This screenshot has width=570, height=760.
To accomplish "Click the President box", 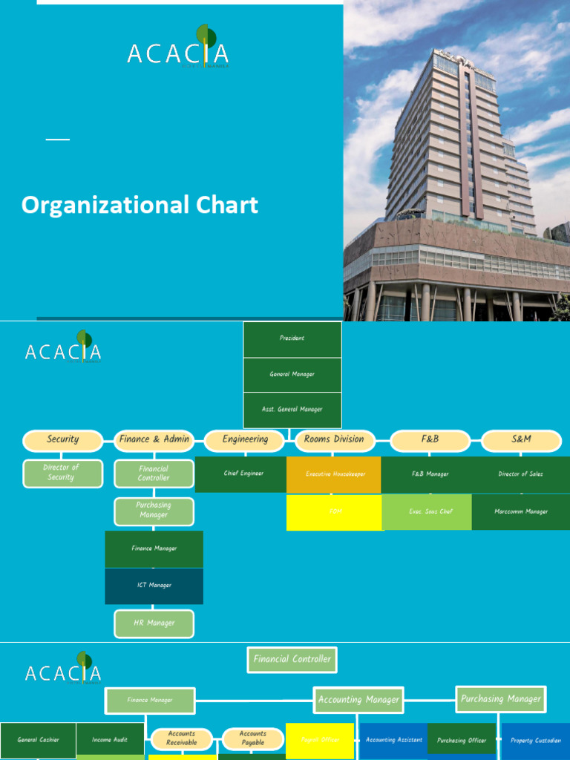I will pyautogui.click(x=292, y=338).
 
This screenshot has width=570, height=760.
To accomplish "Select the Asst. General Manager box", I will pyautogui.click(x=292, y=410).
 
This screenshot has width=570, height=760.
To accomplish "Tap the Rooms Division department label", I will pyautogui.click(x=334, y=439).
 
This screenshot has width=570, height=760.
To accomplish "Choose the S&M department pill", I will pyautogui.click(x=522, y=439).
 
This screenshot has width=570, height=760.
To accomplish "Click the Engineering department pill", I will pyautogui.click(x=245, y=439).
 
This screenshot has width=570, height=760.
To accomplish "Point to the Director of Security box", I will pyautogui.click(x=62, y=473).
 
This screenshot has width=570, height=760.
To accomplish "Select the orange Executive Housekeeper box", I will pyautogui.click(x=335, y=474).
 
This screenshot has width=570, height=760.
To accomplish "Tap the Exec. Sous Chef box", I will pyautogui.click(x=427, y=512).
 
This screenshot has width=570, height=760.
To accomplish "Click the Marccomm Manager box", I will pyautogui.click(x=521, y=512).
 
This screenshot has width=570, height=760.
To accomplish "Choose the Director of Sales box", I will pyautogui.click(x=521, y=474).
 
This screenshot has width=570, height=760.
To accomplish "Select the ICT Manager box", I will pyautogui.click(x=154, y=586).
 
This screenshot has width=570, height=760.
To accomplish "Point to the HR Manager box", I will pyautogui.click(x=154, y=623).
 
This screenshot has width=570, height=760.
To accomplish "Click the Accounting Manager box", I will pyautogui.click(x=358, y=699).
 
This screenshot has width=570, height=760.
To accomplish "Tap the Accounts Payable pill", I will pyautogui.click(x=253, y=738).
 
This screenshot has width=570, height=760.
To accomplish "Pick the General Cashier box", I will pyautogui.click(x=38, y=740).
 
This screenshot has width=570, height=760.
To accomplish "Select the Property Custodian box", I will pyautogui.click(x=536, y=741).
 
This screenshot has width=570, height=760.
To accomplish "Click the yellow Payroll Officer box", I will pyautogui.click(x=320, y=740).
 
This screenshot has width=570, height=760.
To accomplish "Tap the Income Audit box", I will pyautogui.click(x=110, y=740).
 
